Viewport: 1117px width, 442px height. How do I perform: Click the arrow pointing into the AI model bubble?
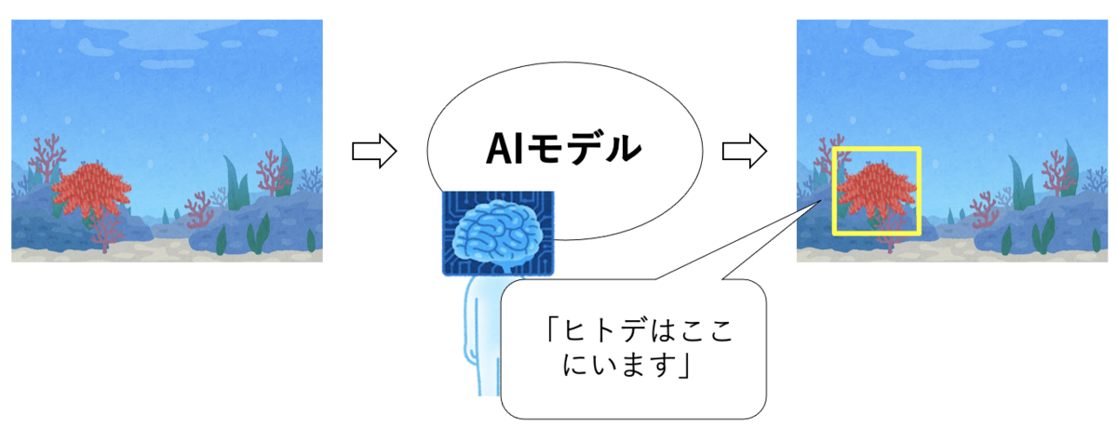(374, 151)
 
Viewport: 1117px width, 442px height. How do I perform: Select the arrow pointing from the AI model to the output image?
(744, 151)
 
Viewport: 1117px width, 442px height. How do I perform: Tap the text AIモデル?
(563, 148)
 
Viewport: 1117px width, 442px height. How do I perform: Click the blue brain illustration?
(498, 234)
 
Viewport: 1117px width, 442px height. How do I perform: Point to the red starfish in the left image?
(91, 189)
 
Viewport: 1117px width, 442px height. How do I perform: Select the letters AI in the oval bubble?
(505, 149)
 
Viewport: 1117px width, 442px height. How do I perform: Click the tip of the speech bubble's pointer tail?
(821, 200)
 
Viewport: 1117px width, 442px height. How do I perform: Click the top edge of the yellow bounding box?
(876, 149)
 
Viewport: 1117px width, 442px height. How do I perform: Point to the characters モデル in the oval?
(585, 148)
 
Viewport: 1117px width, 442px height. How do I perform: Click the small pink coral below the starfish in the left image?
(106, 232)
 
